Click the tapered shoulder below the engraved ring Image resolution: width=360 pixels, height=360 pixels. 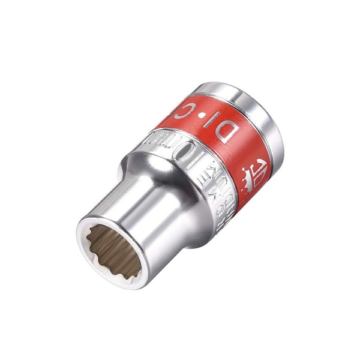[x=180, y=186]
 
